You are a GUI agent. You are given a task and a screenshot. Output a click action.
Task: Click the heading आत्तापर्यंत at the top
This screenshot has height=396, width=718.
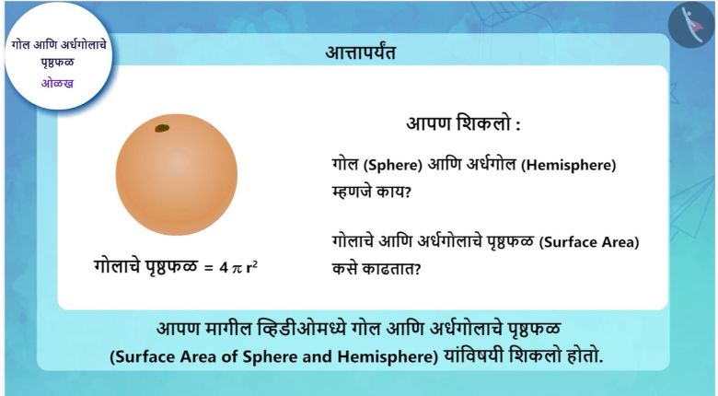pyautogui.click(x=360, y=52)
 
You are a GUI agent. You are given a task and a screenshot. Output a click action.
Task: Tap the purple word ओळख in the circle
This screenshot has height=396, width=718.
pyautogui.click(x=57, y=84)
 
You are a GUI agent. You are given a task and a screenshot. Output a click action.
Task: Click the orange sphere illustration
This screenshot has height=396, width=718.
pyautogui.click(x=177, y=175)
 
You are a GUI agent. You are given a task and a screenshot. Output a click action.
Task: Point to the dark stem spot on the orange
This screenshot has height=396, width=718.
pyautogui.click(x=162, y=128)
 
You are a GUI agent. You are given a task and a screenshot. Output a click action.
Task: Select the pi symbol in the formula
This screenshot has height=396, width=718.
pyautogui.click(x=237, y=268)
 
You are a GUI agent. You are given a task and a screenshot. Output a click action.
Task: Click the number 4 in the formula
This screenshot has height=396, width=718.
pyautogui.click(x=224, y=268)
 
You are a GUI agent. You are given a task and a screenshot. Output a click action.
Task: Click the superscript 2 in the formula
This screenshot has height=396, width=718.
pyautogui.click(x=255, y=263)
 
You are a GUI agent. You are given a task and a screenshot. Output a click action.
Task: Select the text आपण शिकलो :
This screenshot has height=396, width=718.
pyautogui.click(x=463, y=123)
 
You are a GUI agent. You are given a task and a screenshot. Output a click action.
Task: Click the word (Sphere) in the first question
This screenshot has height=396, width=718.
pyautogui.click(x=392, y=165)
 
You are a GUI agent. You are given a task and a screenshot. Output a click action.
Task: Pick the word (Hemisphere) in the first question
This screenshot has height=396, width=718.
pyautogui.click(x=568, y=165)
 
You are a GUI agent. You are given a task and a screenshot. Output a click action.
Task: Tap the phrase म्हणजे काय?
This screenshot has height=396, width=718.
pyautogui.click(x=372, y=192)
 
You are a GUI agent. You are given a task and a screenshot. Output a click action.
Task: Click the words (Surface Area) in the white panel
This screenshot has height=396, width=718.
pyautogui.click(x=588, y=242)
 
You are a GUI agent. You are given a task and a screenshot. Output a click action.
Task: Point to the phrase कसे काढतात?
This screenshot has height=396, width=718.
pyautogui.click(x=376, y=269)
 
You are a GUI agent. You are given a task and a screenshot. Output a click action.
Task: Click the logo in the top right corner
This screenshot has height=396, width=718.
pyautogui.click(x=691, y=25)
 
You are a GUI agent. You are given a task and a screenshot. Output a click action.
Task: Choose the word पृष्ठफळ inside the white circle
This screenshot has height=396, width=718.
pyautogui.click(x=57, y=63)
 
